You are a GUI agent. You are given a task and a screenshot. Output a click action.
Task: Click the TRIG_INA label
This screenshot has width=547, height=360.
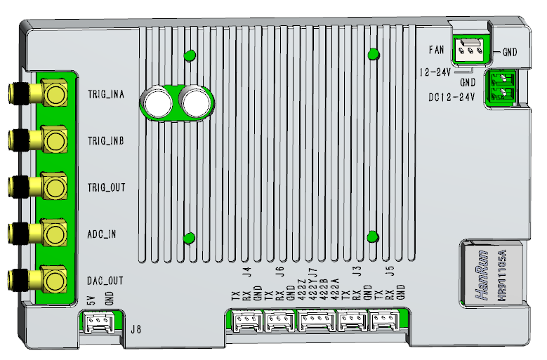pyautogui.click(x=106, y=93)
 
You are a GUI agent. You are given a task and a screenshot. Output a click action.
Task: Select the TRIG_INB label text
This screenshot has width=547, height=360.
pyautogui.click(x=106, y=140)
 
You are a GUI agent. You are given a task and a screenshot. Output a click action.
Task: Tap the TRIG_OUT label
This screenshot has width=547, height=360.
pyautogui.click(x=106, y=187)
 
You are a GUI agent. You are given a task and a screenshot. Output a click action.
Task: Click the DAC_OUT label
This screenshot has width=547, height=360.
pyautogui.click(x=105, y=281)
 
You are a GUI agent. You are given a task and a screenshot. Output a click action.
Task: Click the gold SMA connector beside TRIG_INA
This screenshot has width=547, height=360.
pyautogui.click(x=53, y=93)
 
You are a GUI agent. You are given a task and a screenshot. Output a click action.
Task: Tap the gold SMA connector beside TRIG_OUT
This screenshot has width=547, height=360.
pyautogui.click(x=53, y=187)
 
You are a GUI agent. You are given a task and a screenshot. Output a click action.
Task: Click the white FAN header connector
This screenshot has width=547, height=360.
pyautogui.click(x=469, y=50)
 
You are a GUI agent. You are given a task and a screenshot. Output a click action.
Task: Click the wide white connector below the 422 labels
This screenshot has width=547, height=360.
pyautogui.click(x=317, y=321)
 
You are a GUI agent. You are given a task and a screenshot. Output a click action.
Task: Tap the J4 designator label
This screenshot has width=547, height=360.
pyautogui.click(x=246, y=272)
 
